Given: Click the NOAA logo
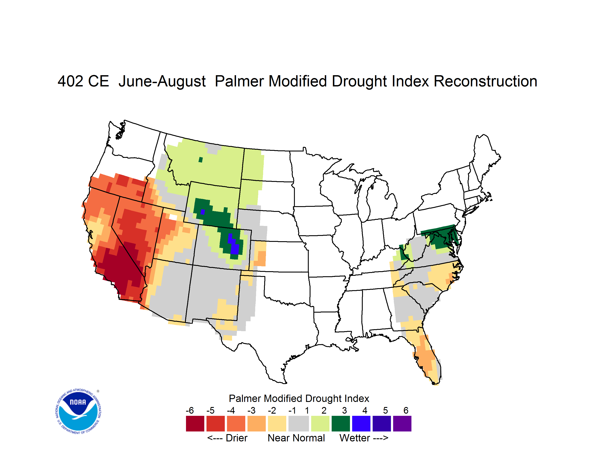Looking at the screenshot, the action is point(78,411).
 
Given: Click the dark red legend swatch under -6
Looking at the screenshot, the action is point(195,424).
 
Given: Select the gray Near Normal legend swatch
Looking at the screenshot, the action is point(299,424).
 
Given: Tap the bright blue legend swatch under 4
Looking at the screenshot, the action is point(361,424).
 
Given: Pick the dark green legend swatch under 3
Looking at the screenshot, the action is point(340,424).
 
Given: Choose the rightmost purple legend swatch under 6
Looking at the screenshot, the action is point(402,424).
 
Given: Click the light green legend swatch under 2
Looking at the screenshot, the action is point(320,424).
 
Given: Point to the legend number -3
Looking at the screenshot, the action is point(251,410).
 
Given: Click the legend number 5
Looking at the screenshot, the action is point(385,410).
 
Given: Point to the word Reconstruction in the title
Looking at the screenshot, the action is point(485,81).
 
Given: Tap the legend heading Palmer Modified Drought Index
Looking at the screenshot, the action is point(299,398).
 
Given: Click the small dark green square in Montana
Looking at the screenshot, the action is point(201,160).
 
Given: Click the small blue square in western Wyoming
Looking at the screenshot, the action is point(203,212).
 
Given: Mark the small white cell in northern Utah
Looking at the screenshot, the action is point(173,217).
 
